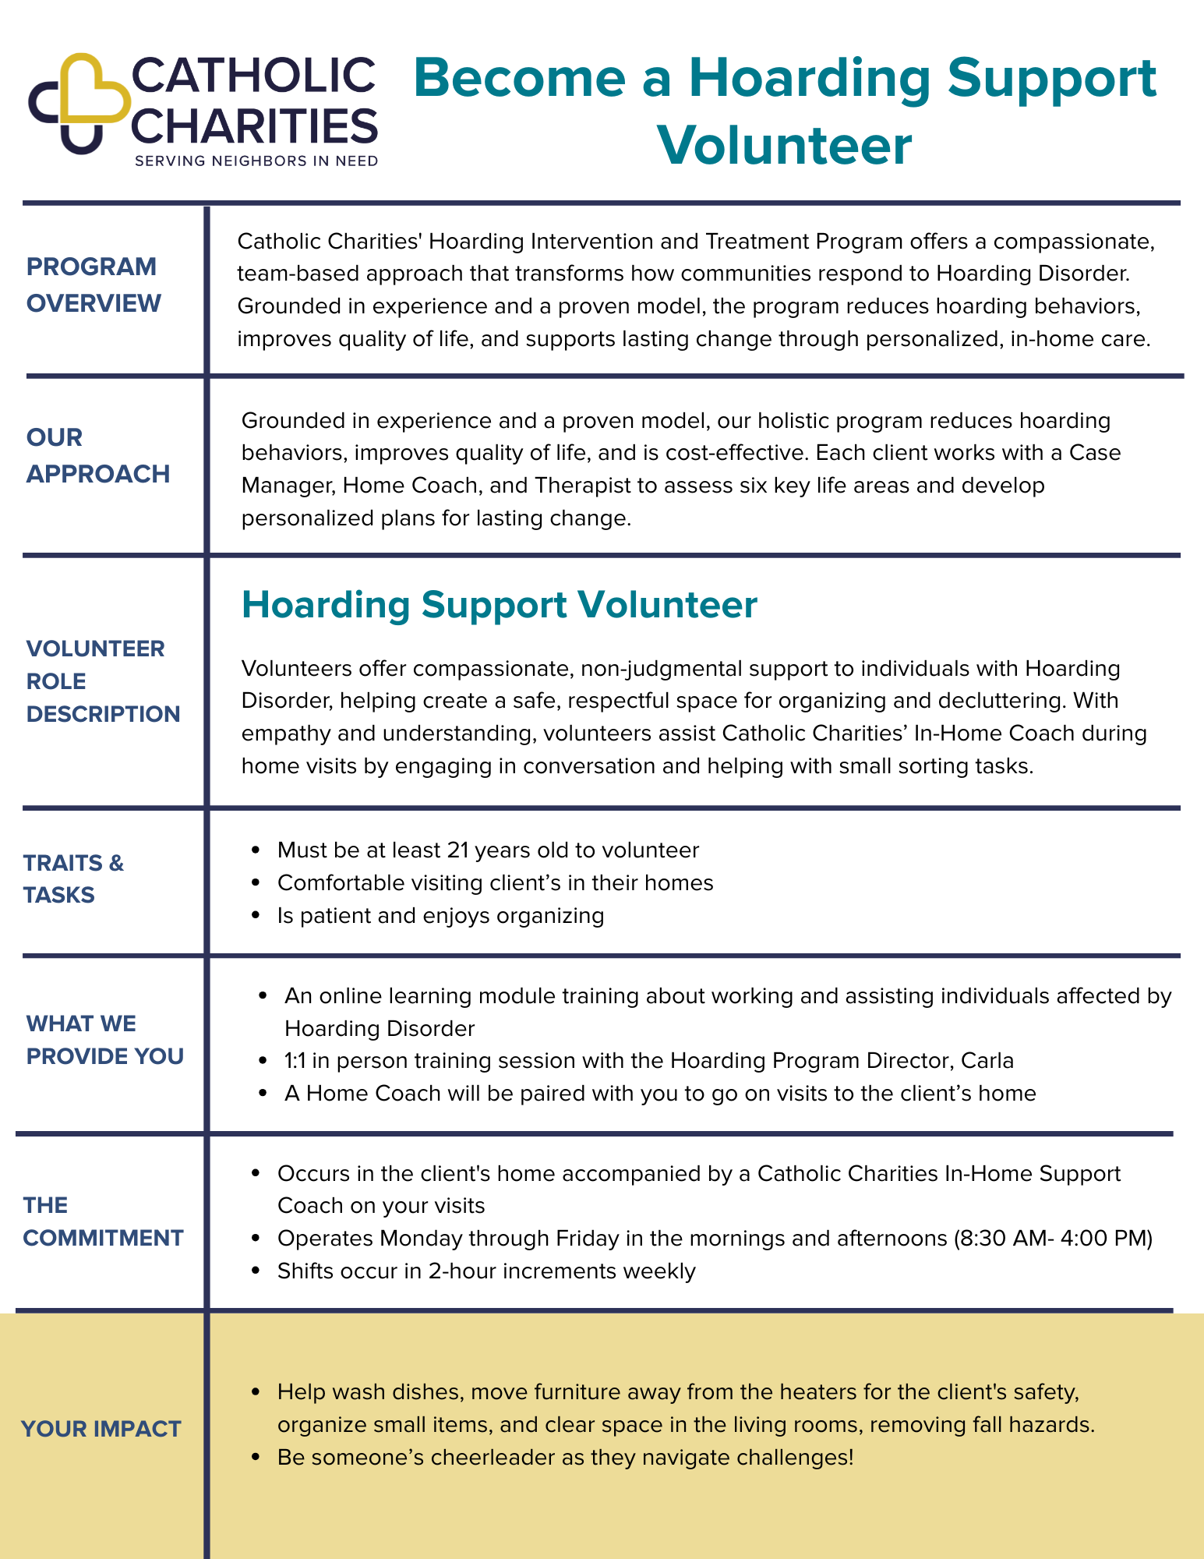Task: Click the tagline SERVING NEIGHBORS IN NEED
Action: pos(256,161)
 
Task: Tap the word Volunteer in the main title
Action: pos(784,146)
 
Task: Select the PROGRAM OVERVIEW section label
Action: pos(94,285)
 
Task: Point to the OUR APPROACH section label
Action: pos(97,455)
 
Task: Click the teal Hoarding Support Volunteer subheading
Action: pos(499,605)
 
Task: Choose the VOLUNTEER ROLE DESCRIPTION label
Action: pos(103,681)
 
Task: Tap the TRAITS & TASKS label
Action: pos(73,878)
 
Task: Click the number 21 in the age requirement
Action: pos(457,850)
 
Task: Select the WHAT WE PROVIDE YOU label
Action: pos(104,1040)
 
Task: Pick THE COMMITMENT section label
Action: pos(103,1221)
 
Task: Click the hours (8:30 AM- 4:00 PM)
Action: pos(1053,1238)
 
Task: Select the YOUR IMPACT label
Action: pos(101,1429)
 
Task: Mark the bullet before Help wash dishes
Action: pos(255,1392)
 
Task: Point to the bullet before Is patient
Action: pos(255,916)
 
